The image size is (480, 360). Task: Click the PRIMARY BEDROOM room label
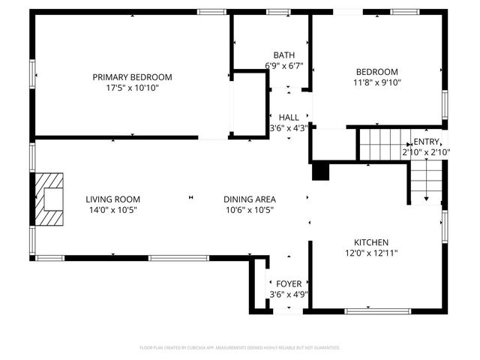click(132, 77)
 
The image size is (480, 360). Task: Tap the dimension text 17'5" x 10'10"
click(132, 88)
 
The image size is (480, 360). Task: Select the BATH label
click(284, 55)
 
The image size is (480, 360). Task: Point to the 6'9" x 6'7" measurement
click(284, 66)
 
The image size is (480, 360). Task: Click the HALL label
click(289, 118)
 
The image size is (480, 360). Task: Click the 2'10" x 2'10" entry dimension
click(426, 152)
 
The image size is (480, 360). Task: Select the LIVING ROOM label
click(112, 199)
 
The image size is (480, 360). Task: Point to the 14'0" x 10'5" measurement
click(112, 210)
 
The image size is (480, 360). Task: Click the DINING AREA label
click(250, 199)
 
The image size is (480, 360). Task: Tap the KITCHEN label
click(371, 242)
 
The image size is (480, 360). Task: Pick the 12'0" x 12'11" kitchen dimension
click(371, 253)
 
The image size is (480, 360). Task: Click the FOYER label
click(289, 284)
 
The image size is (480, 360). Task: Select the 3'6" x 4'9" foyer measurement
click(289, 295)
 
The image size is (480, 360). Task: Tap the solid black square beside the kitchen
click(320, 172)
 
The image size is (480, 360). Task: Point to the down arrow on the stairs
click(426, 198)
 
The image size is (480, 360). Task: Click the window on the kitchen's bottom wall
click(377, 310)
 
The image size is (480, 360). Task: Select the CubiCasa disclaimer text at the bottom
click(240, 348)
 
